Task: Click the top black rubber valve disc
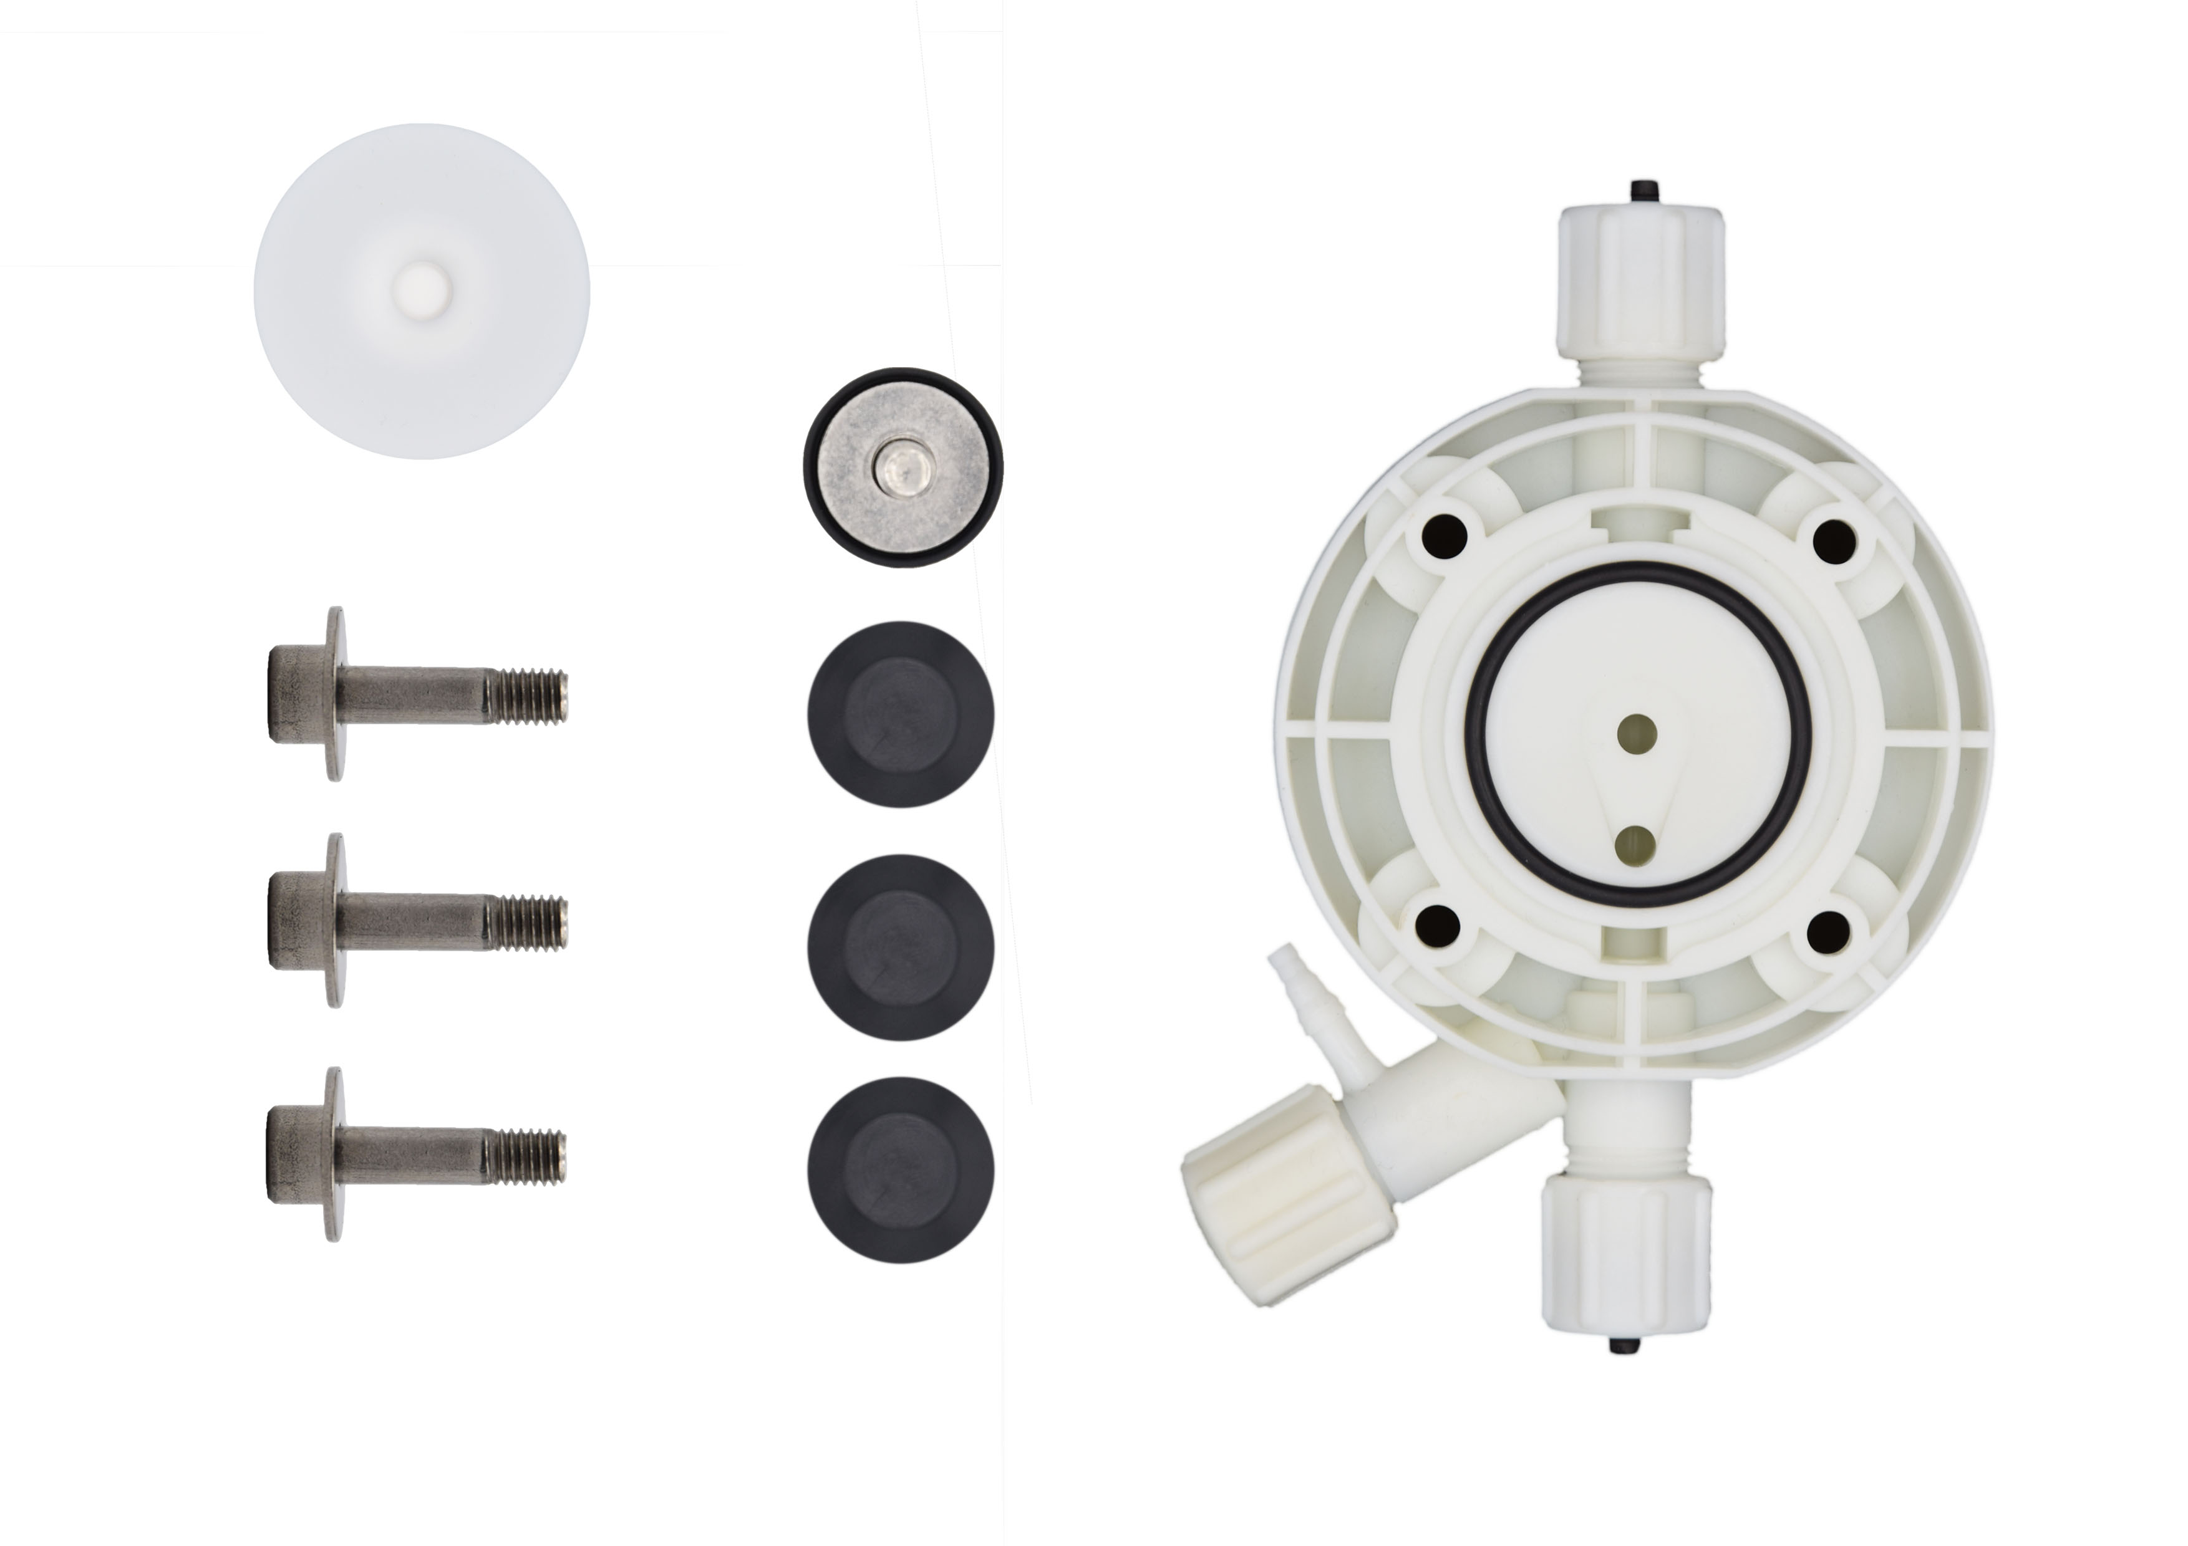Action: click(x=901, y=714)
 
